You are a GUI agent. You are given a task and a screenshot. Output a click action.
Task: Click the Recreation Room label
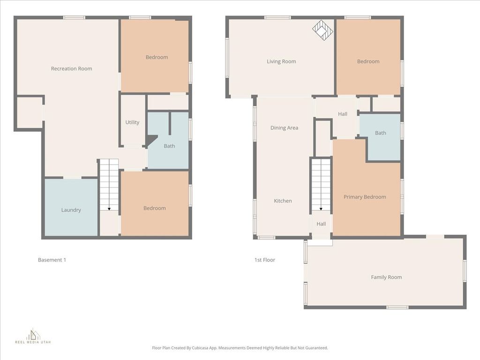click(x=71, y=68)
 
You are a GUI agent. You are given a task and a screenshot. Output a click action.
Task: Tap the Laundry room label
click(x=71, y=210)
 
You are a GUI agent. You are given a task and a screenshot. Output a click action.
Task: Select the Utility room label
click(x=132, y=122)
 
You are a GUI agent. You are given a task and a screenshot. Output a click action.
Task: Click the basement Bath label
click(x=169, y=146)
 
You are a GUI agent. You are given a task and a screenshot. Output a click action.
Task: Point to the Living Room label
click(x=281, y=61)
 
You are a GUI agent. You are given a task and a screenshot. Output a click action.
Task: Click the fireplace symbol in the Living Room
click(x=322, y=30)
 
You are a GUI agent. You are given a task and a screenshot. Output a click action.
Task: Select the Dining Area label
click(x=284, y=127)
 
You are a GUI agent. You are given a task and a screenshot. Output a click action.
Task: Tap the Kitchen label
click(x=283, y=201)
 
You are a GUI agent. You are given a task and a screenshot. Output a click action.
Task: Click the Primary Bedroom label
click(x=365, y=197)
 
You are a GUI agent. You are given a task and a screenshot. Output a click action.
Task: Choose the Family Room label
click(x=386, y=277)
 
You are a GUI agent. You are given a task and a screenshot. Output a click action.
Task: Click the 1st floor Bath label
click(x=381, y=133)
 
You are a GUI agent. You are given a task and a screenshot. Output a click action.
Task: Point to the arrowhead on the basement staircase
click(x=109, y=209)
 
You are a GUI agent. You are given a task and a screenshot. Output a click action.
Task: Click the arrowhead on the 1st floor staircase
click(x=321, y=209)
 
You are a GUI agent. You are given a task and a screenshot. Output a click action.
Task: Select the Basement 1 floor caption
click(x=52, y=260)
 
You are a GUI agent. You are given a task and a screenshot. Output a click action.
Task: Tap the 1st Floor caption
click(x=265, y=260)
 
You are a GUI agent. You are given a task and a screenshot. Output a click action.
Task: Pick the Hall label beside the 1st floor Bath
click(x=343, y=114)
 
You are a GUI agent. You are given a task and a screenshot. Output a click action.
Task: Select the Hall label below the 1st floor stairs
click(x=321, y=224)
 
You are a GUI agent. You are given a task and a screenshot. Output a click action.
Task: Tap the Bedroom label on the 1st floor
click(x=368, y=61)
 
